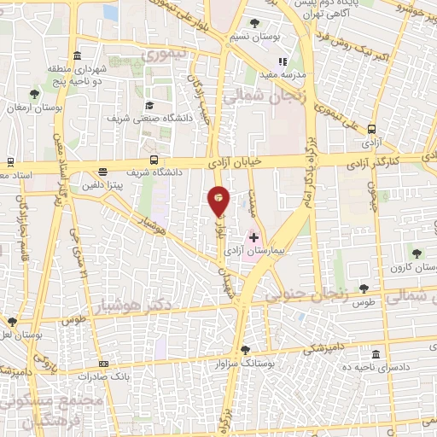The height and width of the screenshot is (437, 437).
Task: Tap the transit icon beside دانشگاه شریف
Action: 154,160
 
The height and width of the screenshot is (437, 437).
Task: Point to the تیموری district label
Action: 160,56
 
